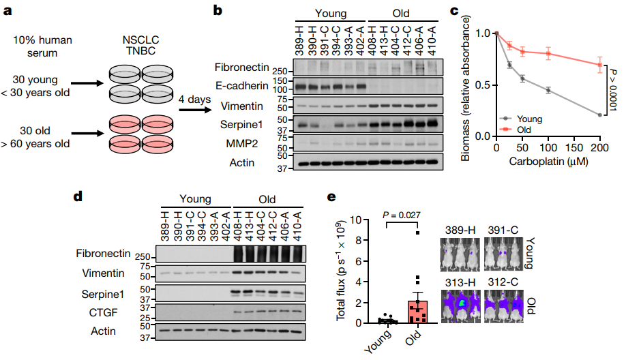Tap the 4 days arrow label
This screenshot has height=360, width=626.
pos(194,99)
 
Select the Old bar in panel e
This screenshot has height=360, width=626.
pos(418,311)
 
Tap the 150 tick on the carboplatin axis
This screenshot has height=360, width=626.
pos(574,148)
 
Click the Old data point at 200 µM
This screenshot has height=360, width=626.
pos(599,65)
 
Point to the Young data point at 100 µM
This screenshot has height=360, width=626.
pos(548,90)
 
